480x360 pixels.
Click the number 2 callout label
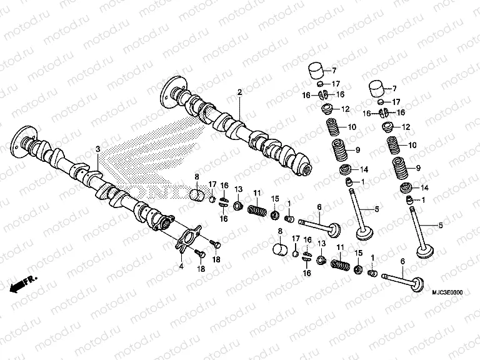tap(239, 92)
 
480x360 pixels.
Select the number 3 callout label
tap(98, 149)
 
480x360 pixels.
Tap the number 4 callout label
tap(181, 267)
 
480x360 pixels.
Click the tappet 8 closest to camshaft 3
tap(197, 195)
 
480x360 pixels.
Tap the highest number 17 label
tap(336, 83)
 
